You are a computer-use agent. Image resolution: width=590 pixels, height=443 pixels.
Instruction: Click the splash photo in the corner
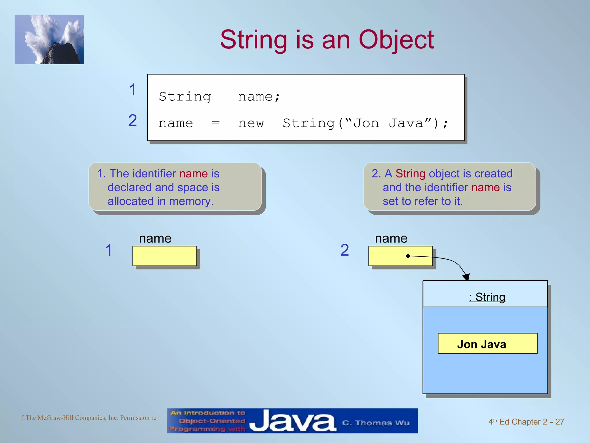point(49,39)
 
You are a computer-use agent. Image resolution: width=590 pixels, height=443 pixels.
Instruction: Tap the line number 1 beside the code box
point(132,89)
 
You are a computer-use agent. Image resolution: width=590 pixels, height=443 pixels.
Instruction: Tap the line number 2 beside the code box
point(132,120)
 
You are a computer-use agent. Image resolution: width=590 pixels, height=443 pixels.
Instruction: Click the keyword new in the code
point(251,124)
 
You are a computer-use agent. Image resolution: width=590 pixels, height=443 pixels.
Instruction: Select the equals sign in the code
point(215,123)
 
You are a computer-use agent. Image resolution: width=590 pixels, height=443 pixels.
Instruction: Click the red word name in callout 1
point(193,174)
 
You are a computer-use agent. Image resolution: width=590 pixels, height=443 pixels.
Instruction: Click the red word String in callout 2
point(410,174)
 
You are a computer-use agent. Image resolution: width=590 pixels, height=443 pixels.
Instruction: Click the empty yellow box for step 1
point(164,256)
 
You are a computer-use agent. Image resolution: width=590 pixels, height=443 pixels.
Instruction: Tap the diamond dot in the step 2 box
point(408,256)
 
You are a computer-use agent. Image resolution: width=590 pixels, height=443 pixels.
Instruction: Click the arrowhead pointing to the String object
point(466,277)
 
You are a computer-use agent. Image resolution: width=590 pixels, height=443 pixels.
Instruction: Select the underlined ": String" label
point(487,297)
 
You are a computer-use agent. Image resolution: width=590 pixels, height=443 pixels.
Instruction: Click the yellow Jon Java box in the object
point(487,343)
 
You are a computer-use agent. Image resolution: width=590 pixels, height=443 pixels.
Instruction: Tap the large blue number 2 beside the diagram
point(345,250)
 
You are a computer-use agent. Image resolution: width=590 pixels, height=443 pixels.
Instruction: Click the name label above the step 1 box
point(155,239)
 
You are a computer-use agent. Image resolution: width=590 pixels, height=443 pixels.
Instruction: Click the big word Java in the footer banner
point(292,421)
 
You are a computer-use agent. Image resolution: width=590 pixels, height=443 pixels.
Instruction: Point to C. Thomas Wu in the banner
point(376,423)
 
